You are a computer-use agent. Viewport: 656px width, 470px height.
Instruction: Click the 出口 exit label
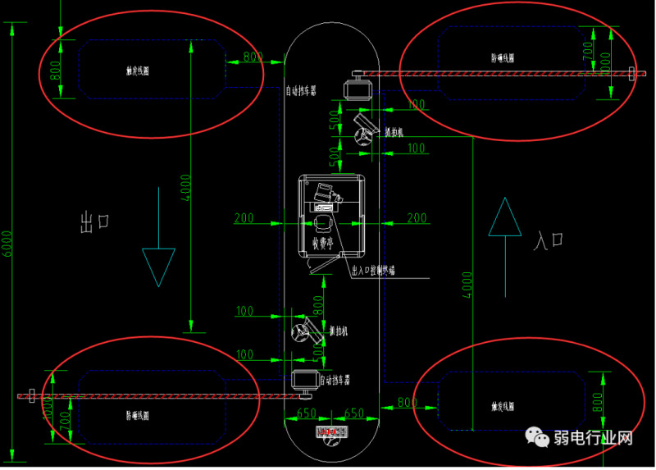pyautogui.click(x=95, y=221)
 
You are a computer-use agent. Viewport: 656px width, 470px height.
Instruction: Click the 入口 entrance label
pyautogui.click(x=549, y=240)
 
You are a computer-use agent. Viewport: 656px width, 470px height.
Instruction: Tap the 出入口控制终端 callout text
pyautogui.click(x=372, y=270)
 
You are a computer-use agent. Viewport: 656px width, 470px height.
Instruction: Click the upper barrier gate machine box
pyautogui.click(x=357, y=88)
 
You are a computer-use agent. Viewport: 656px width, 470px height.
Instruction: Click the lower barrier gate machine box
pyautogui.click(x=304, y=381)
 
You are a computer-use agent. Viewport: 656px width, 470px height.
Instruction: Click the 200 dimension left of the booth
pyautogui.click(x=244, y=218)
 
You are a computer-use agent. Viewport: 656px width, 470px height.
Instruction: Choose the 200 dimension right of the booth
pyautogui.click(x=417, y=217)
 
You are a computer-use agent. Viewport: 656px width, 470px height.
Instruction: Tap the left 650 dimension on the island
pyautogui.click(x=306, y=413)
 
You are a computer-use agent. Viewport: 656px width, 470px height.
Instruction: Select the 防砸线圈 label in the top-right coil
pyautogui.click(x=503, y=58)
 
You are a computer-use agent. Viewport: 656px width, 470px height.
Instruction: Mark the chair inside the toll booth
pyautogui.click(x=321, y=222)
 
